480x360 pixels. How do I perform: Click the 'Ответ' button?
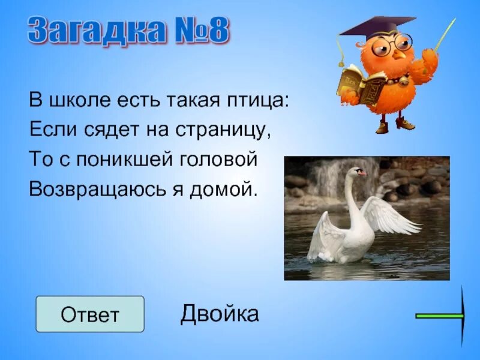[x=90, y=314]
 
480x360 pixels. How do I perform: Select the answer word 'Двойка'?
[x=220, y=313]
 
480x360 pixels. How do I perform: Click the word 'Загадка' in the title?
[x=95, y=32]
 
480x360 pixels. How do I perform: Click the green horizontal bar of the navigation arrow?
[x=439, y=315]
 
